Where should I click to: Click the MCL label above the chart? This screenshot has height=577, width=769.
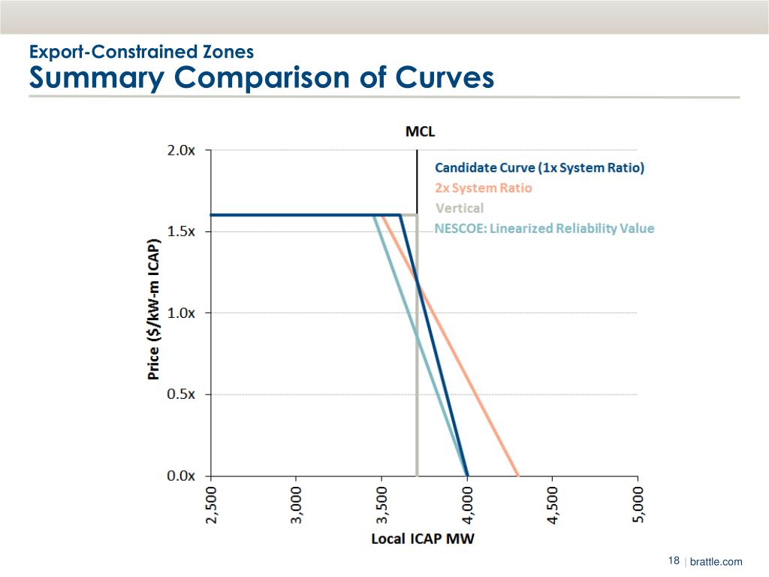(421, 131)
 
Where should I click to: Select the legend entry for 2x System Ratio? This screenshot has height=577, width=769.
(484, 188)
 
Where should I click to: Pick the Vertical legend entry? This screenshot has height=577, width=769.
(460, 208)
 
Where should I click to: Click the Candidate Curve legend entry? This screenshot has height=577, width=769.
(540, 168)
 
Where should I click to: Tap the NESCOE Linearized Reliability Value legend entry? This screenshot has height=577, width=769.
(544, 228)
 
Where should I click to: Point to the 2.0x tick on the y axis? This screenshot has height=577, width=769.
(181, 150)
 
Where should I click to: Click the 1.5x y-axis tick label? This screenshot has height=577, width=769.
(181, 231)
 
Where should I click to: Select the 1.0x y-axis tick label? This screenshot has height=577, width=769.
(181, 313)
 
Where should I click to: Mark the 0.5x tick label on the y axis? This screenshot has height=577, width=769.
(181, 394)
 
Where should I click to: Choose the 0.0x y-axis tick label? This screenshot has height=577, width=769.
(181, 476)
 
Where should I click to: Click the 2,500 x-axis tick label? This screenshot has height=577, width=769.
(211, 505)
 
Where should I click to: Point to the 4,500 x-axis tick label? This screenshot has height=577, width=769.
(553, 505)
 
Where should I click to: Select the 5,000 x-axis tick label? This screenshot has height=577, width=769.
(638, 505)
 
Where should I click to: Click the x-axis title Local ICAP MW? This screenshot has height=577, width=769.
(424, 539)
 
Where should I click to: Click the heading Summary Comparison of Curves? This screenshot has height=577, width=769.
(261, 78)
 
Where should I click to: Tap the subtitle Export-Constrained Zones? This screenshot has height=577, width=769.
(141, 52)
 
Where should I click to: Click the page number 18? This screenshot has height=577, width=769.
(674, 561)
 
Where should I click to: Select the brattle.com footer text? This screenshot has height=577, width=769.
(716, 562)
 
